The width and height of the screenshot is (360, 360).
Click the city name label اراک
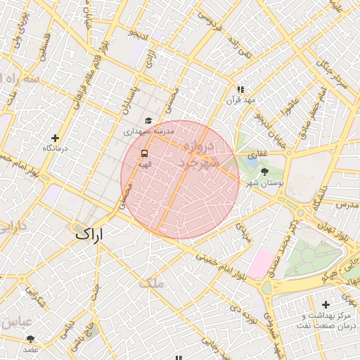coord(89,234)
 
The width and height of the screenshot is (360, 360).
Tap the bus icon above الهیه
coord(144,153)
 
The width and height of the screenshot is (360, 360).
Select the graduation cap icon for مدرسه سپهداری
coord(148,121)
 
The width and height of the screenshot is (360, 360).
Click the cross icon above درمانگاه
coord(55,138)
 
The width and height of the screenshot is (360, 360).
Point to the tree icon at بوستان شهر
coord(264,172)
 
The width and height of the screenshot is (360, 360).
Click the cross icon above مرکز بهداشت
coord(325,304)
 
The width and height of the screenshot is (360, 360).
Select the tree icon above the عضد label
coord(30,339)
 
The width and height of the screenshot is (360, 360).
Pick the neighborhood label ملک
coord(150,283)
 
